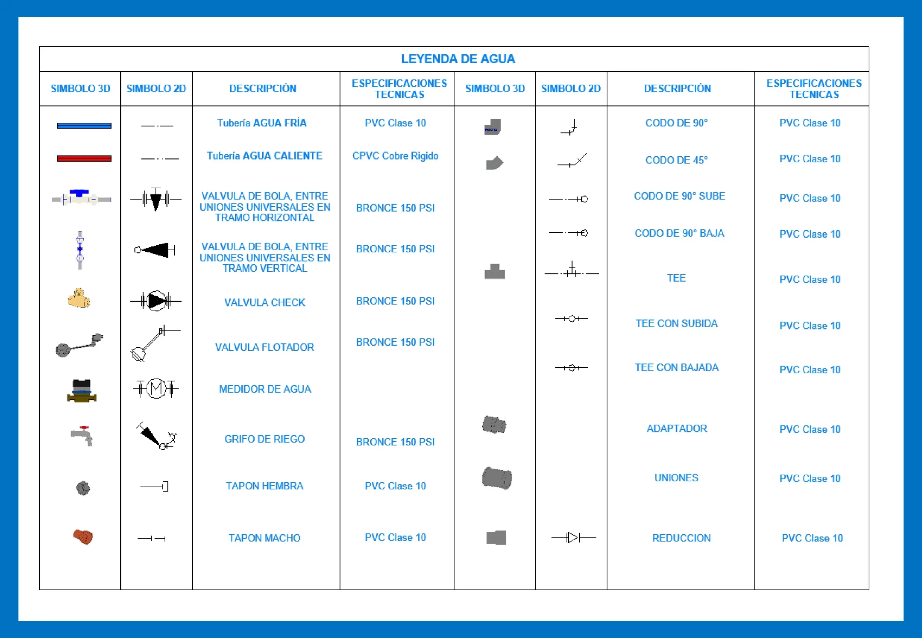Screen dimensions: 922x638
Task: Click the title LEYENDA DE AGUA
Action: [458, 59]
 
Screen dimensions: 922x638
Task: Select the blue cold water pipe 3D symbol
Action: [84, 126]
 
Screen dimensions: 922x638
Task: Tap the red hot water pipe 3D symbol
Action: [84, 158]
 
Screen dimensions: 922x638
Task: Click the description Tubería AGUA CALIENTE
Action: [264, 156]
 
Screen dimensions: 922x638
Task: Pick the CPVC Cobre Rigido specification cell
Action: [395, 156]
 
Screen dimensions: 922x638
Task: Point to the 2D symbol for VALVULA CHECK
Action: [156, 301]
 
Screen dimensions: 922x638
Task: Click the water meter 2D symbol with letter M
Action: [156, 388]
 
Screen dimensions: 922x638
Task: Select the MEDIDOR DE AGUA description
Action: [265, 389]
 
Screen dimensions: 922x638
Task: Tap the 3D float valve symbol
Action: [79, 345]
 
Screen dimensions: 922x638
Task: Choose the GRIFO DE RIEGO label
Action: [264, 439]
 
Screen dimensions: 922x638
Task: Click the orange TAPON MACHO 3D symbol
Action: [83, 536]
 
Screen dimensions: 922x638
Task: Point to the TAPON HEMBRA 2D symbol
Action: [155, 486]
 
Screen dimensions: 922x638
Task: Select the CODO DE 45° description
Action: [676, 160]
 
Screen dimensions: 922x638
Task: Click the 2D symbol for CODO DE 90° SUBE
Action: [568, 199]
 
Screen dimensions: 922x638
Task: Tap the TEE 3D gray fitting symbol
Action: [494, 272]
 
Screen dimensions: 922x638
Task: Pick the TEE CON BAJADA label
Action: [676, 367]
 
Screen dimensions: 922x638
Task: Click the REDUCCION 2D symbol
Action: [573, 538]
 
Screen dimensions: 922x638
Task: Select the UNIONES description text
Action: [676, 478]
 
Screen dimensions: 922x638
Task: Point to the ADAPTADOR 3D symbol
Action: [494, 424]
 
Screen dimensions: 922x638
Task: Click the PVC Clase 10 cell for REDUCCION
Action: [812, 538]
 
